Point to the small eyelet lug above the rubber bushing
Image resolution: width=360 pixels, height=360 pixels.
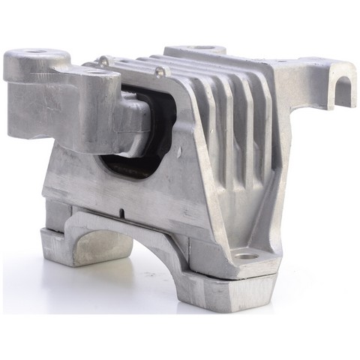point(158,72)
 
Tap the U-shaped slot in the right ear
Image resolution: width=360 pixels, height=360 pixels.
point(343,88)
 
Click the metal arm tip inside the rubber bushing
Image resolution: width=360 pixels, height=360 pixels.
point(136,119)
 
